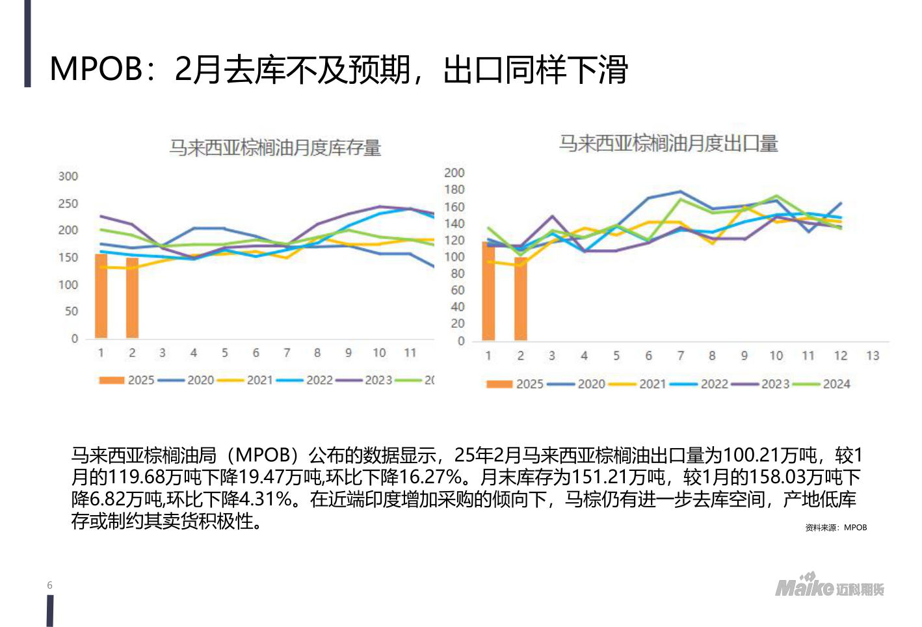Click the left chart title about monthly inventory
point(275,148)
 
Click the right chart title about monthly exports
point(668,143)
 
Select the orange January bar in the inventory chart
point(101,296)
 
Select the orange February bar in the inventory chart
point(132,298)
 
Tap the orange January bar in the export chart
point(488,291)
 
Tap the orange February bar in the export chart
point(520,299)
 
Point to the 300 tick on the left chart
point(68,176)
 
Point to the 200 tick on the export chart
point(454,172)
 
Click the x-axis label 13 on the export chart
point(873,356)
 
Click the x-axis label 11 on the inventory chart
point(410,353)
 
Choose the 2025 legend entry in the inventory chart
point(127,380)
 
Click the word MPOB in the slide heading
point(96,69)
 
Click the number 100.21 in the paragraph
point(752,455)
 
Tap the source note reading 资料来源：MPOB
point(836,527)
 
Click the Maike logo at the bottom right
point(829,587)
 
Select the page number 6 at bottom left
point(50,585)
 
